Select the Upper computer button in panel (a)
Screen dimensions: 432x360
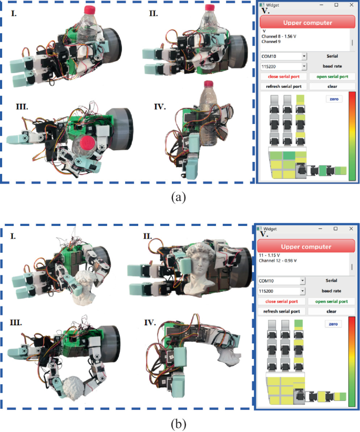pyautogui.click(x=307, y=23)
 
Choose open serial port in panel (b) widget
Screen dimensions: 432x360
pyautogui.click(x=331, y=301)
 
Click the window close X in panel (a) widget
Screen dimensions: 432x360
pyautogui.click(x=350, y=4)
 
